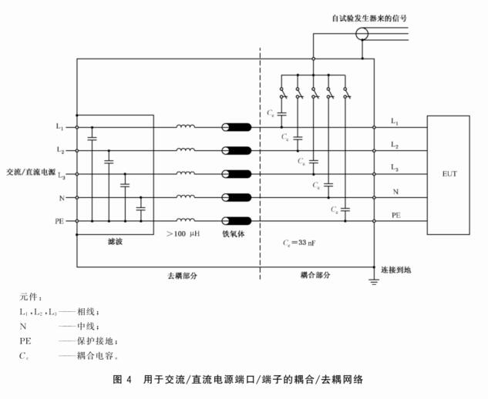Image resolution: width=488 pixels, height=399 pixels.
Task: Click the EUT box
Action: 449,174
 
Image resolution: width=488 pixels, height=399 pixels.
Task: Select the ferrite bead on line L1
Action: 237,127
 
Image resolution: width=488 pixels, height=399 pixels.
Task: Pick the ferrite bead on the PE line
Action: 237,221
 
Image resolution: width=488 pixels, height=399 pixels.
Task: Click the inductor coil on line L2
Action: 186,150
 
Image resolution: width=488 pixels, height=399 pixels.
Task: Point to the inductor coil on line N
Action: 186,197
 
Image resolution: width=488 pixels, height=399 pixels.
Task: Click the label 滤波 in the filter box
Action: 116,242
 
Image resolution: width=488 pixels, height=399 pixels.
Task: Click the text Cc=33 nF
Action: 300,243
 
